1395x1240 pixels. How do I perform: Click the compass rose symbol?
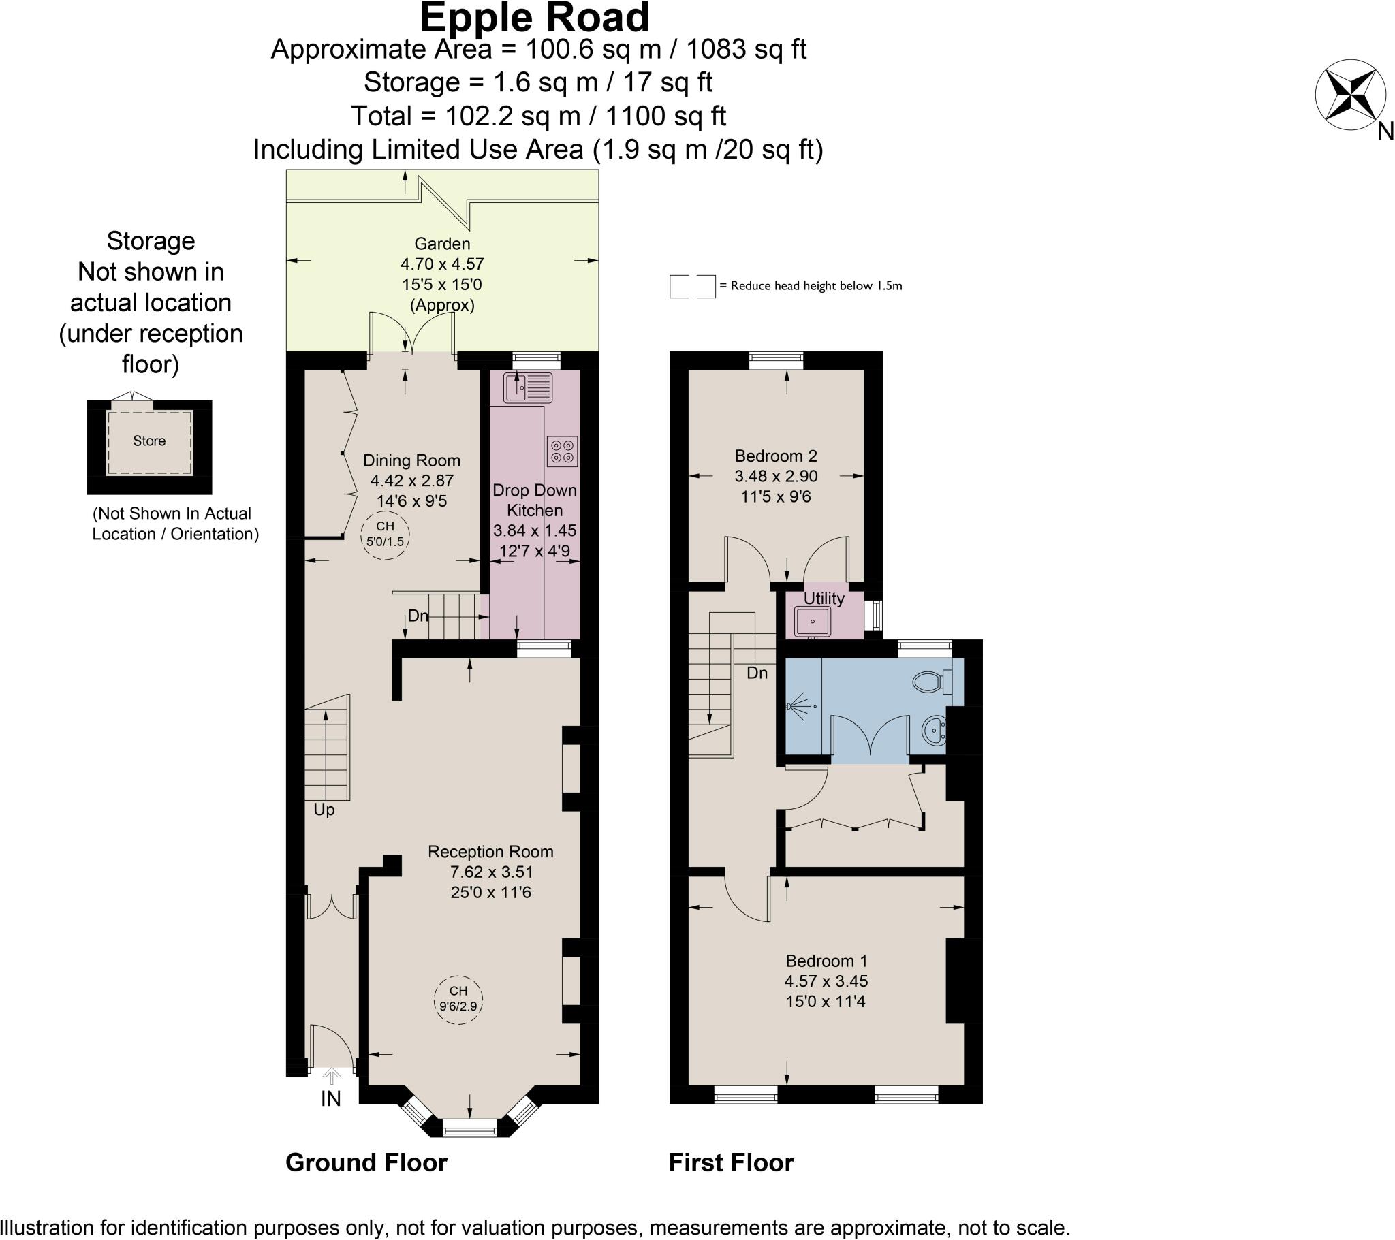[1351, 95]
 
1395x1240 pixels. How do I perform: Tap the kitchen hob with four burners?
[563, 451]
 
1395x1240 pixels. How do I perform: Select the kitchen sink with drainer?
[528, 387]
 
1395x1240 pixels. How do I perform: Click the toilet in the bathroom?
[933, 681]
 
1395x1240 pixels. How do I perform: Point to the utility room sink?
[812, 621]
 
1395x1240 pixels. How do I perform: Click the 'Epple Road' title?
[535, 18]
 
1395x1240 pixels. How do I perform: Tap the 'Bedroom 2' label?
[776, 456]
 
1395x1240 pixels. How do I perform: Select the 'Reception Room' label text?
[490, 852]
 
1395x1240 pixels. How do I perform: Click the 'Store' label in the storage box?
[149, 441]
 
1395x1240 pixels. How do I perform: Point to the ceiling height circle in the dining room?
[386, 535]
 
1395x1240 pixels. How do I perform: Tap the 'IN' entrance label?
[331, 1098]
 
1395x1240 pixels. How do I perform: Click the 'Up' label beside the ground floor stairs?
[324, 810]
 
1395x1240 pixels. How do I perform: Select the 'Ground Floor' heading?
[366, 1162]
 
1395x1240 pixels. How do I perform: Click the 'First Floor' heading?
[731, 1162]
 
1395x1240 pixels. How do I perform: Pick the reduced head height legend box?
[692, 287]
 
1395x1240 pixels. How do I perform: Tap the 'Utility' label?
[824, 599]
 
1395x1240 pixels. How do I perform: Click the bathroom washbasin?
[934, 731]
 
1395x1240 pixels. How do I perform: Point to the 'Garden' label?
[442, 244]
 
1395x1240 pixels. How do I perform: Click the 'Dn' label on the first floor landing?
[757, 673]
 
